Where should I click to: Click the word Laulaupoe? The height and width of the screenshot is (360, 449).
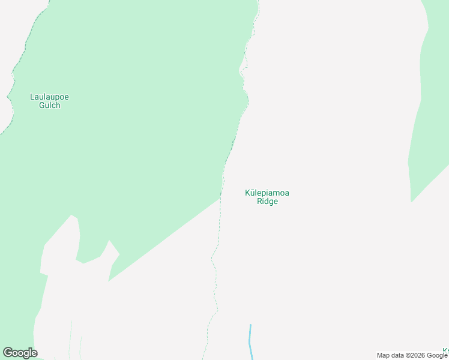(x=49, y=97)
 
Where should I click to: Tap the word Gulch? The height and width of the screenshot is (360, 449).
(x=49, y=106)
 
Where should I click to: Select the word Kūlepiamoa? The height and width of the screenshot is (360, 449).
(x=267, y=193)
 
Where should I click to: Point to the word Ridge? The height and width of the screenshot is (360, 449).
(x=267, y=202)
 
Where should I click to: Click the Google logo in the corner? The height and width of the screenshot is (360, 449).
(x=20, y=353)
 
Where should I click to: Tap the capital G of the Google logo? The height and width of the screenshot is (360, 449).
(x=8, y=353)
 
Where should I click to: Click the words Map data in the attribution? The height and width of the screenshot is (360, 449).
(x=390, y=355)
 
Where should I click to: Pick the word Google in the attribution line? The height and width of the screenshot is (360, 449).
(x=438, y=355)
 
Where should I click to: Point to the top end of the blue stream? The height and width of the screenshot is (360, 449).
(x=250, y=325)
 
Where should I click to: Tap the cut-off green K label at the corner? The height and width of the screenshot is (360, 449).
(x=445, y=350)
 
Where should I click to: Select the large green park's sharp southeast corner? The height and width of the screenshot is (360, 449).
(x=221, y=198)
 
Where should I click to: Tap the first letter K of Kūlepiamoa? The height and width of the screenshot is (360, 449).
(x=248, y=193)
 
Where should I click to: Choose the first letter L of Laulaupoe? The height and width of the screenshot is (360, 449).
(x=32, y=97)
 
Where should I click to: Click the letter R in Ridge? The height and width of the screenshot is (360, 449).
(x=259, y=202)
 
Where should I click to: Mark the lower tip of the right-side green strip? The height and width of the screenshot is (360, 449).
(x=411, y=202)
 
